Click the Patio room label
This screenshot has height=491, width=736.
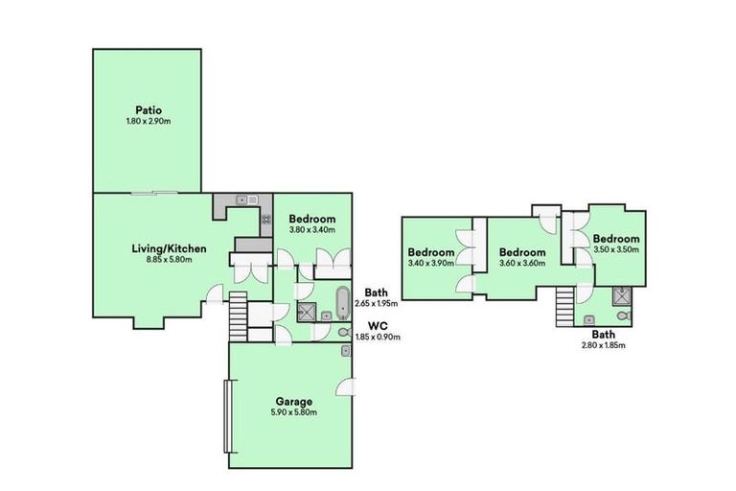tap(147, 109)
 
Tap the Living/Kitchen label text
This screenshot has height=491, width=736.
tap(169, 248)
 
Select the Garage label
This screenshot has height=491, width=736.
tap(292, 401)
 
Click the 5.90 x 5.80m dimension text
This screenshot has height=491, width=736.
tap(292, 412)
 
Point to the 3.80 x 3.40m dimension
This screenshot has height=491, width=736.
tap(311, 230)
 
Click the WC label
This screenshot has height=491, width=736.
tap(377, 325)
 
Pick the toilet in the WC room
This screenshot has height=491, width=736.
tap(343, 333)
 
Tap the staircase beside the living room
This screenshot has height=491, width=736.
tap(239, 314)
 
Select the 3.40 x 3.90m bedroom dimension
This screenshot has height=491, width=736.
tap(430, 263)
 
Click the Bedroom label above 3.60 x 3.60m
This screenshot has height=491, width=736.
tap(521, 252)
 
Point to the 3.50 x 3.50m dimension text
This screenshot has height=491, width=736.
tap(614, 249)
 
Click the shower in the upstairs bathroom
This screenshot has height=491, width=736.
tap(621, 294)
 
